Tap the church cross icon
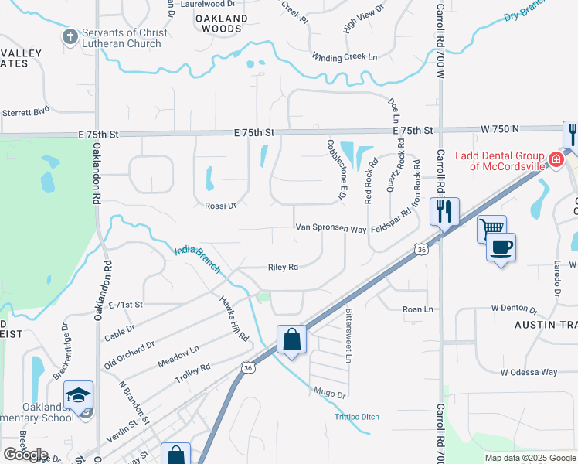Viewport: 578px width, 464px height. (x=70, y=36)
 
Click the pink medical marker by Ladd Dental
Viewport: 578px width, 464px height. (x=555, y=160)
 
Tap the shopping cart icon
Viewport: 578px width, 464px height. (x=491, y=228)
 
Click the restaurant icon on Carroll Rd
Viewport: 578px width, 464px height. (x=444, y=210)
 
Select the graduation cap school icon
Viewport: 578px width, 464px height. (x=78, y=394)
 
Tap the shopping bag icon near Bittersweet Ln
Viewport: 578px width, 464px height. (x=291, y=339)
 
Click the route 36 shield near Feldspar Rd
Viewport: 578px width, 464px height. (x=420, y=249)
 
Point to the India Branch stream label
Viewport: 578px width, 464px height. (x=198, y=260)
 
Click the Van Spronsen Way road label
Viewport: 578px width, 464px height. (x=331, y=229)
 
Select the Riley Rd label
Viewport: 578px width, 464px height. (x=283, y=267)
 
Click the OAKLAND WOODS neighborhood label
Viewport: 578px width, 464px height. (x=221, y=23)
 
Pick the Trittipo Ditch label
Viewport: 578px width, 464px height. (x=356, y=417)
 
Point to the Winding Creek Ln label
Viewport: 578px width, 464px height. (x=345, y=57)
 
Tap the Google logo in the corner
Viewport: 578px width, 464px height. (x=25, y=455)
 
